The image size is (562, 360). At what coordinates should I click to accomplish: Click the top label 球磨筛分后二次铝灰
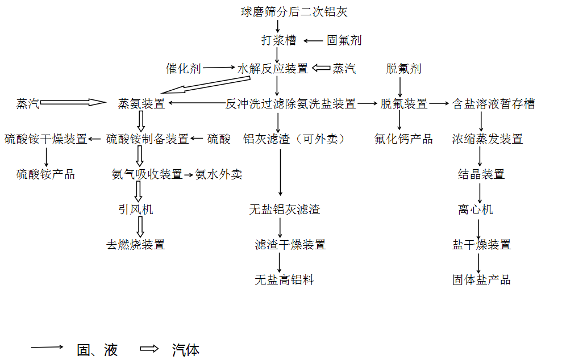(x=294, y=12)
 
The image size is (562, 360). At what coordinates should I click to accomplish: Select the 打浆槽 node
(x=279, y=40)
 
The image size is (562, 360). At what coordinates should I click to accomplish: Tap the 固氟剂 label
(x=344, y=40)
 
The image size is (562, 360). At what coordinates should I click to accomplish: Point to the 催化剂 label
(x=183, y=68)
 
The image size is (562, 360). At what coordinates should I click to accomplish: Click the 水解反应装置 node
(x=273, y=68)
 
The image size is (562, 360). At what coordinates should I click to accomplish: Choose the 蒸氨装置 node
(x=141, y=103)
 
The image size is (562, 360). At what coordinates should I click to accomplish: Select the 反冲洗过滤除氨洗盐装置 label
(x=291, y=103)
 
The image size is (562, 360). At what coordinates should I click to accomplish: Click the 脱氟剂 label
(x=403, y=68)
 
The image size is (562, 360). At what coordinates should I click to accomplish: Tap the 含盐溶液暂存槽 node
(x=494, y=103)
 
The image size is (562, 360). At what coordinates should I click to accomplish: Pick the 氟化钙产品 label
(x=403, y=139)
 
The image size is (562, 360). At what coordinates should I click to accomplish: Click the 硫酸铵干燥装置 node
(x=46, y=139)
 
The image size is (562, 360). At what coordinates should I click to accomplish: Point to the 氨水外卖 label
(x=219, y=174)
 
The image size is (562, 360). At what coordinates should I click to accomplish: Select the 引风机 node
(x=135, y=209)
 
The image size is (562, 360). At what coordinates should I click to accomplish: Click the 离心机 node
(x=475, y=209)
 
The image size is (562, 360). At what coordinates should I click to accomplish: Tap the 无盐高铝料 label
(x=284, y=280)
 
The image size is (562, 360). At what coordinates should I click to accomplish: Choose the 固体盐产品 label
(x=481, y=280)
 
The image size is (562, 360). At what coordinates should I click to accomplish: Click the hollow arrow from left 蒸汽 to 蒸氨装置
(x=73, y=103)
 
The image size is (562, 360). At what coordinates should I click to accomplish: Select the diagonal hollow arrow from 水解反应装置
(x=205, y=85)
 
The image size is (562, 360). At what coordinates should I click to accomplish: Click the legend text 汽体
(x=186, y=350)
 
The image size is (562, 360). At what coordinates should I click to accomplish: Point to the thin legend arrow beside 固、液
(x=47, y=347)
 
